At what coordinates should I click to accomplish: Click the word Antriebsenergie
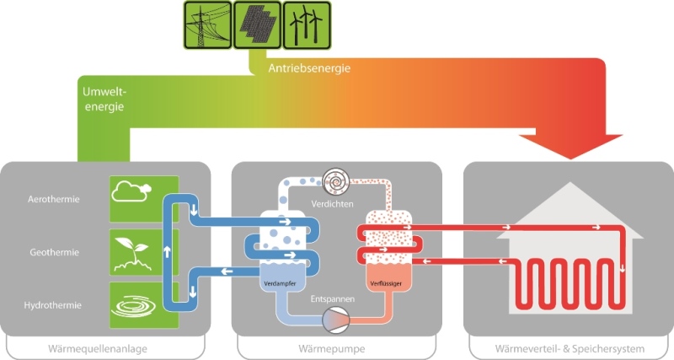click(308, 67)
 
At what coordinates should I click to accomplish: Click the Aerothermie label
click(54, 201)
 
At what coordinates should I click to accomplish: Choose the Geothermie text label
click(54, 252)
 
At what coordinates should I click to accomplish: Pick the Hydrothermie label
click(54, 304)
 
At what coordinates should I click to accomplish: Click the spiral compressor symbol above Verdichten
click(336, 181)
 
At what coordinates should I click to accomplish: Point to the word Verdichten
click(332, 205)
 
